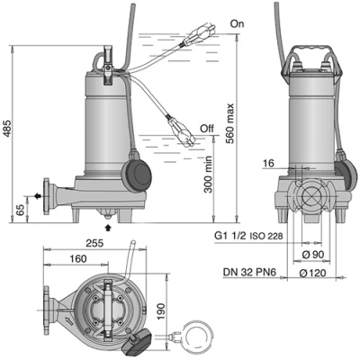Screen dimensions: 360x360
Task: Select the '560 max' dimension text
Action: click(x=230, y=123)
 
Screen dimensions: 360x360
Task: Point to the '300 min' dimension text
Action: click(x=207, y=175)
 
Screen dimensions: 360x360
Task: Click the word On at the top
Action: click(x=237, y=23)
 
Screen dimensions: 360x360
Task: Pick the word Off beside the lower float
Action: click(x=207, y=129)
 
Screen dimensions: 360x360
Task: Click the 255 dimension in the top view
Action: click(x=94, y=243)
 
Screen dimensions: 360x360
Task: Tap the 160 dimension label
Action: click(x=78, y=258)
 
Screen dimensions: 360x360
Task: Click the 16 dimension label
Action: click(x=268, y=164)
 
